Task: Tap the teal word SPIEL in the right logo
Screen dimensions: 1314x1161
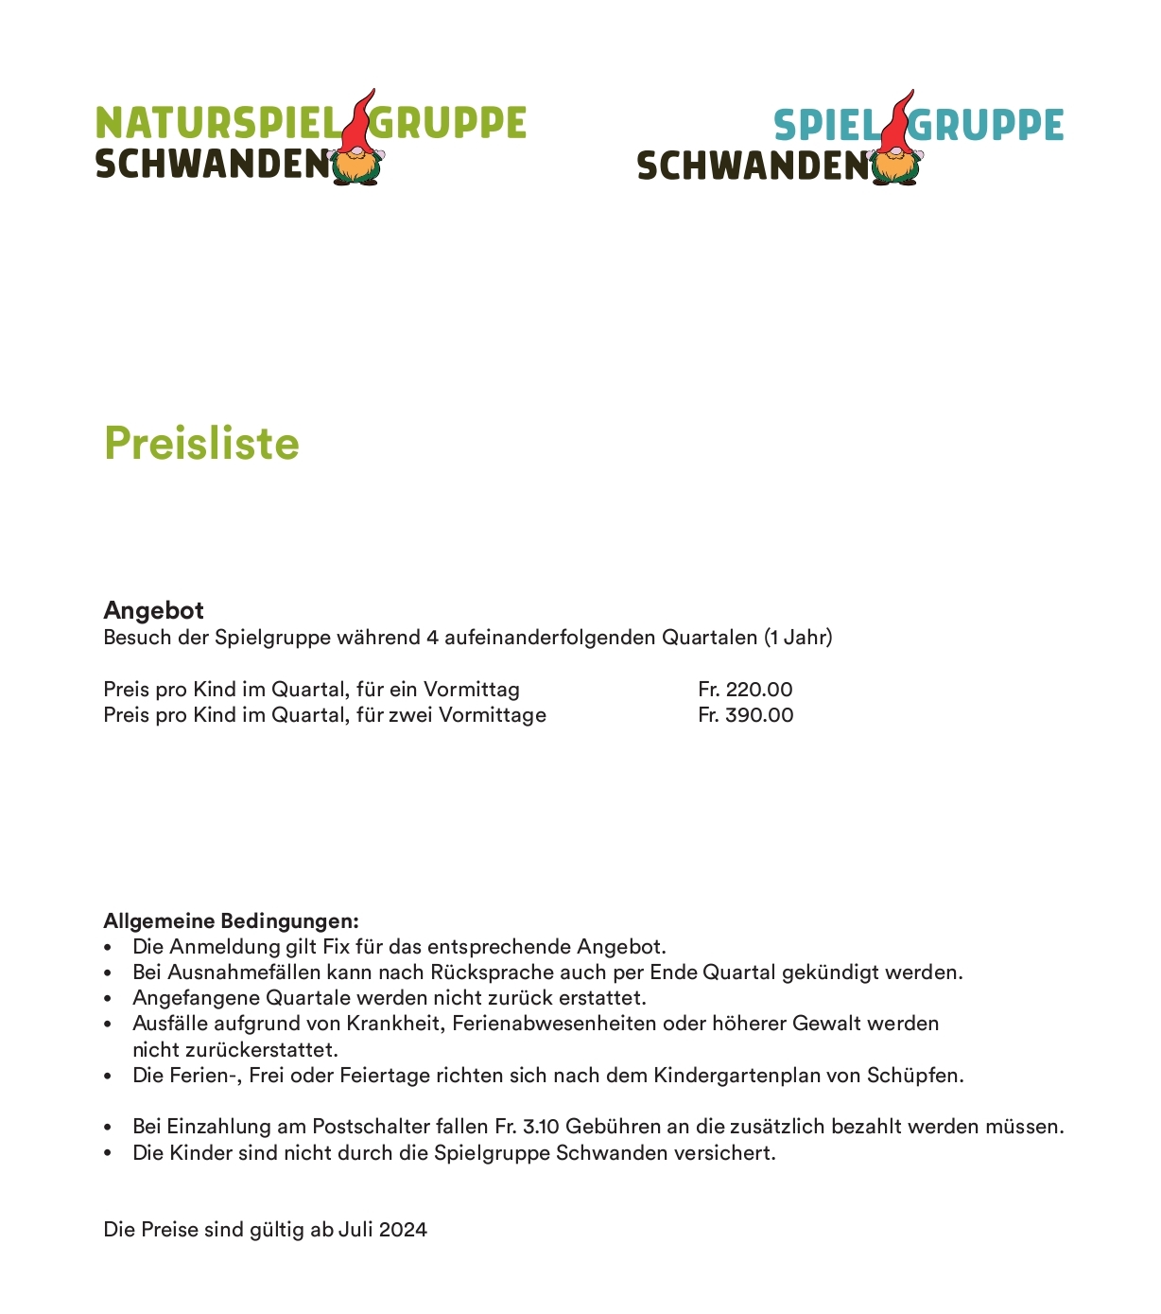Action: (x=825, y=126)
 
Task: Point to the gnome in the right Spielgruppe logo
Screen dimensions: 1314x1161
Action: (x=895, y=142)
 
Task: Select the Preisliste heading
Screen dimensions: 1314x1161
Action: (x=201, y=443)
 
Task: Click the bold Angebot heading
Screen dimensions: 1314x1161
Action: (x=153, y=610)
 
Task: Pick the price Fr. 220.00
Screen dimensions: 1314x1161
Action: (x=745, y=690)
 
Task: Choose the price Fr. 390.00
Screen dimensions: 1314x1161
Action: (x=745, y=715)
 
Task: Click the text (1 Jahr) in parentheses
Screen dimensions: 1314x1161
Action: (x=798, y=638)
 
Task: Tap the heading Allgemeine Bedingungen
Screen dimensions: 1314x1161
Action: (x=231, y=921)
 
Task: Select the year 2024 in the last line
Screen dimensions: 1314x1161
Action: (x=403, y=1230)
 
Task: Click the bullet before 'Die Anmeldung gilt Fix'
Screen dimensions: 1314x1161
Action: (x=109, y=948)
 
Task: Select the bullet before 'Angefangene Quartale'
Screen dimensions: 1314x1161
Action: (x=109, y=999)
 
